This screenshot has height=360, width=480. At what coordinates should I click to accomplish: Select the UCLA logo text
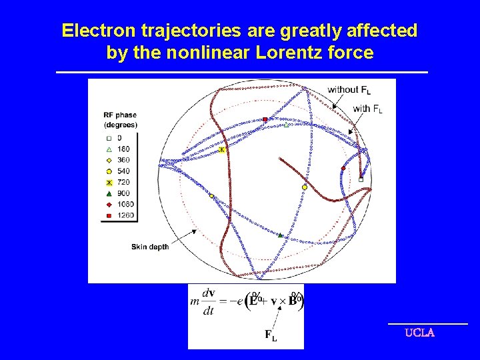click(x=419, y=333)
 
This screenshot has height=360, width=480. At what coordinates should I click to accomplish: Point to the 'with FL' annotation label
click(x=367, y=109)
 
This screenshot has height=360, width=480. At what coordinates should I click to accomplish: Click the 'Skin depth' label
click(x=150, y=247)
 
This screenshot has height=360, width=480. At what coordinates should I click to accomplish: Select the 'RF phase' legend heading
click(x=120, y=115)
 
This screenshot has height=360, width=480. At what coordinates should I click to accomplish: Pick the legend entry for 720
click(x=119, y=182)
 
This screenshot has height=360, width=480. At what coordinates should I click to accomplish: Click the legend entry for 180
click(x=119, y=149)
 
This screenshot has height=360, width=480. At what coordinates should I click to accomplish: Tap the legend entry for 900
click(x=119, y=193)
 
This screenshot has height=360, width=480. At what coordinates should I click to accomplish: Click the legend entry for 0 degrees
click(x=113, y=138)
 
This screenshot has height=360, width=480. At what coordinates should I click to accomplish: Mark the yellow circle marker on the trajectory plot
click(x=304, y=187)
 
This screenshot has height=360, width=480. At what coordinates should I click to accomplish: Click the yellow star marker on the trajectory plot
click(x=222, y=150)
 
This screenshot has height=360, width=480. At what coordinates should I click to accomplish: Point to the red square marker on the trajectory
click(x=265, y=119)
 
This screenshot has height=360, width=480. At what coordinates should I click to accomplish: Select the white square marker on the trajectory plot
click(x=361, y=179)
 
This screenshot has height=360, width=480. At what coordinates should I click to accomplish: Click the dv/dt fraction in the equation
click(x=209, y=301)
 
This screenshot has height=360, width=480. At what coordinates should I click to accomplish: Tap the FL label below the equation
click(x=270, y=335)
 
